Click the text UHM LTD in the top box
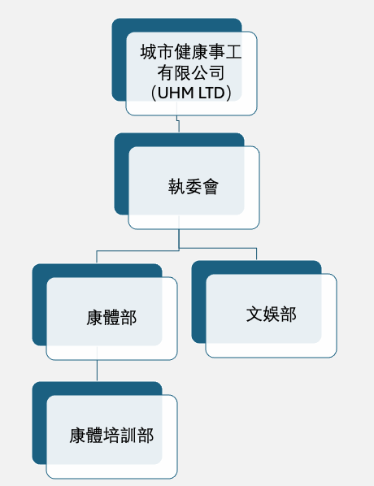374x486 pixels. click(x=191, y=93)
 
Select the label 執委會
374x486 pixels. click(x=194, y=187)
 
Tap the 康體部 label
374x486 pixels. click(x=111, y=318)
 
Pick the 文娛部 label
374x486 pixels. click(x=272, y=315)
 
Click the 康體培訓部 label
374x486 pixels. click(x=111, y=435)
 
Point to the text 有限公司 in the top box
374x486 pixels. click(x=191, y=72)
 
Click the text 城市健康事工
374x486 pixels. click(x=191, y=51)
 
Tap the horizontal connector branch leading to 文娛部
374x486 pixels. click(x=218, y=248)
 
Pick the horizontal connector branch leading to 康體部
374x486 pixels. click(x=137, y=250)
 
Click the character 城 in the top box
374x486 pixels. click(x=149, y=51)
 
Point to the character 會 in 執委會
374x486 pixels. click(x=211, y=187)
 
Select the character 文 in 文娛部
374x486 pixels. click(x=254, y=315)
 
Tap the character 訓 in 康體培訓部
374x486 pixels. click(x=128, y=435)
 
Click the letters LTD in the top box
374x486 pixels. click(x=211, y=93)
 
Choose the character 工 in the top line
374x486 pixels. click(x=233, y=51)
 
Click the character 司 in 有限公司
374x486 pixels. click(x=216, y=72)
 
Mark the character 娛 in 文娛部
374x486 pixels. click(x=272, y=315)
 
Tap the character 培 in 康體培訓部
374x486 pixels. click(x=111, y=435)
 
